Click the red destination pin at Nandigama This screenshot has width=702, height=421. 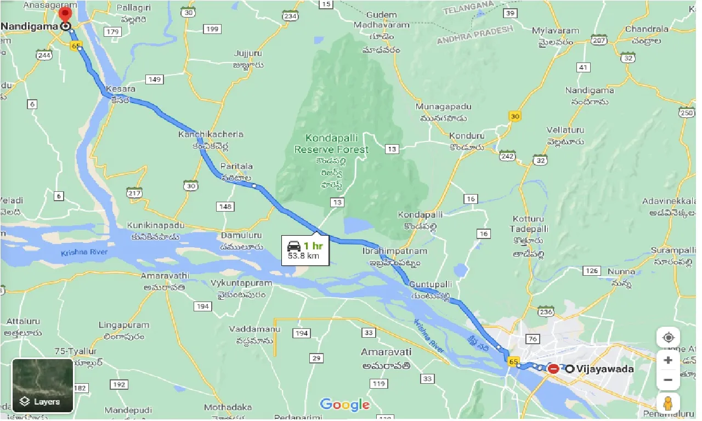pos(65,15)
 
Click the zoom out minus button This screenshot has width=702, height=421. pos(668,380)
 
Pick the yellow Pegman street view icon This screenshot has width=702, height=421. pos(668,404)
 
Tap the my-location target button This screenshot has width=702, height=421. pos(668,338)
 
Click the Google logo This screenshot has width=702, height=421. pos(344,405)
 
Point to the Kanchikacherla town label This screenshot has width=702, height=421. pos(211,134)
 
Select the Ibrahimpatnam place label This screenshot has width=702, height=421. pos(387,251)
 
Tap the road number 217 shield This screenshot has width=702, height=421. pos(134,193)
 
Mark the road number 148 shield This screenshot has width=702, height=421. pos(225,207)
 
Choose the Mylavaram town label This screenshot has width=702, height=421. pos(556,31)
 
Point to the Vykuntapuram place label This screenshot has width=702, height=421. pos(241,283)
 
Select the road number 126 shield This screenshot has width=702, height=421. pos(592,271)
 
